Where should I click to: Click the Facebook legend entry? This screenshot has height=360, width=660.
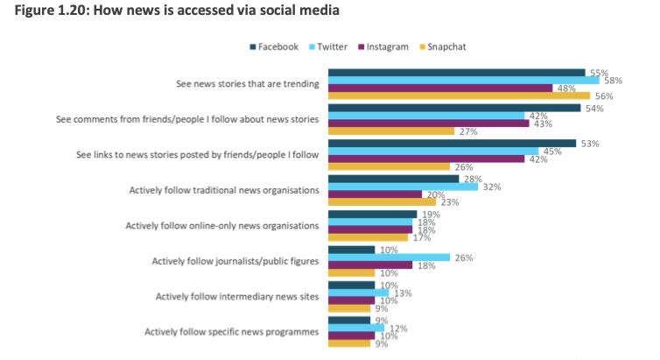(x=275, y=46)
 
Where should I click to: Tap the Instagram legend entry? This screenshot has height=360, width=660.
(x=383, y=46)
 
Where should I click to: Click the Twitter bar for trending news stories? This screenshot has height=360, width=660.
(x=462, y=81)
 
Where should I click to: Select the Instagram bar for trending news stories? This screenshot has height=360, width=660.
(x=439, y=88)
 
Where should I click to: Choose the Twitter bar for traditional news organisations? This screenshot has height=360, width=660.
(x=403, y=187)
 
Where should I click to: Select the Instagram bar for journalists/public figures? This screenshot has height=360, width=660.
(x=369, y=265)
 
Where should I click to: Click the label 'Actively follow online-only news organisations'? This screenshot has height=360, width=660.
(x=223, y=225)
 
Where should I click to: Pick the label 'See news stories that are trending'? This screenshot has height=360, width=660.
(x=247, y=84)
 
